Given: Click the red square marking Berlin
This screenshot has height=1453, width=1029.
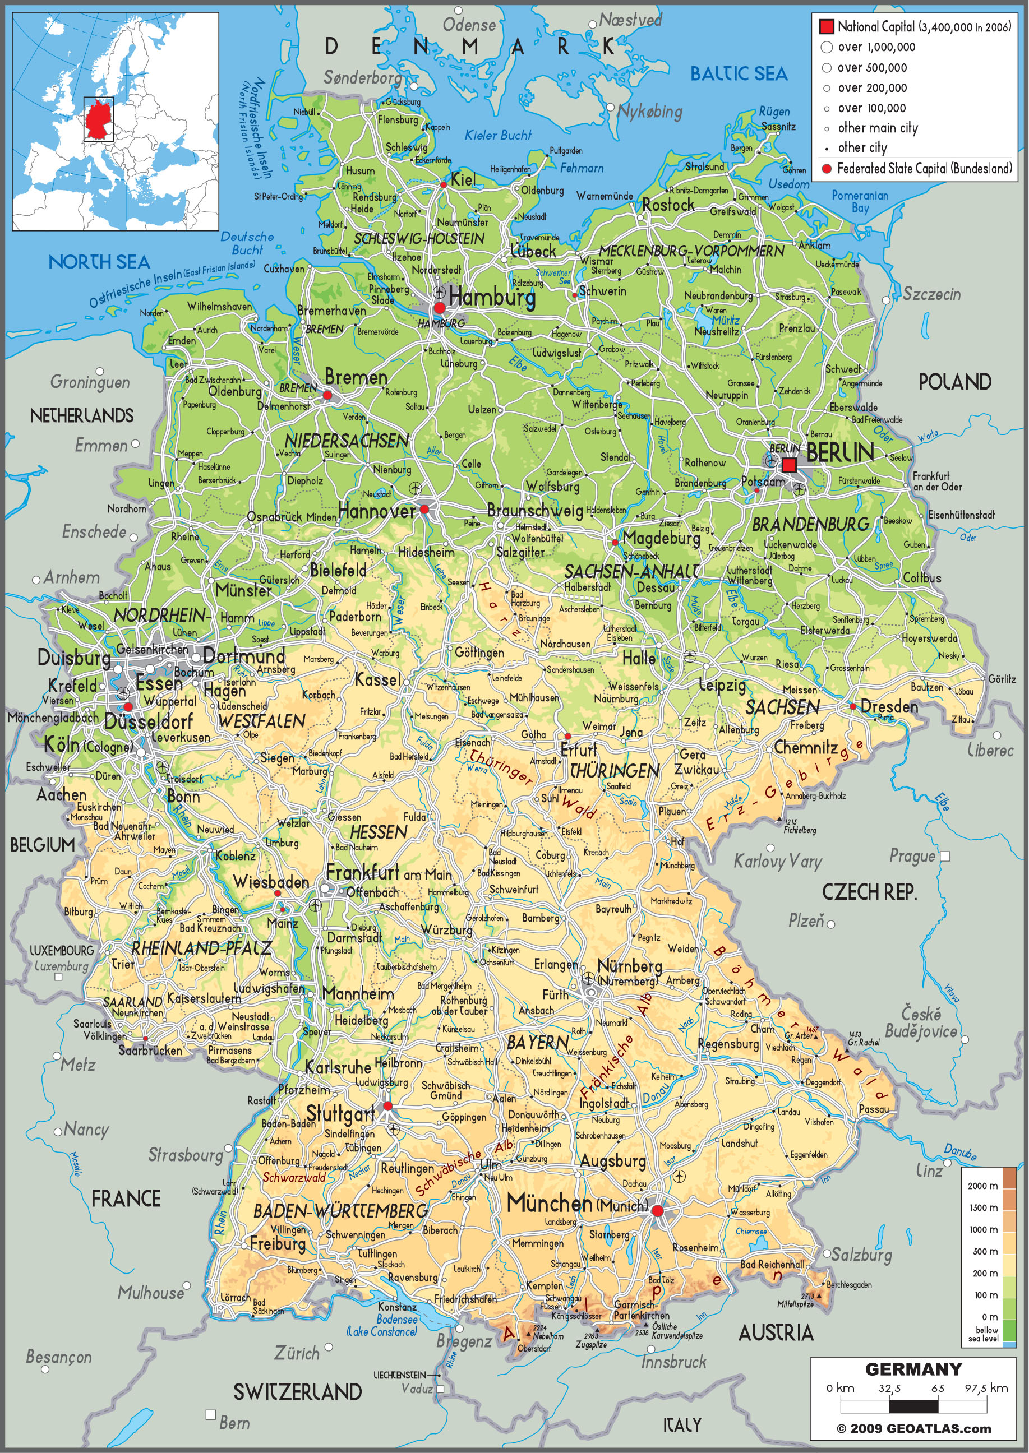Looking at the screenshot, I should [789, 465].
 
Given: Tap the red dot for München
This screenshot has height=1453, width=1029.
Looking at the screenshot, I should [658, 1210].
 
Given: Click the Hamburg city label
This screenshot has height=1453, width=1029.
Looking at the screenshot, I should [492, 297].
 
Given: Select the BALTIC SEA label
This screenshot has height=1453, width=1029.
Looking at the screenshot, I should [738, 74].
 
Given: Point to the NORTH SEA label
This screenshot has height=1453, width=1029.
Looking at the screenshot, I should [99, 262].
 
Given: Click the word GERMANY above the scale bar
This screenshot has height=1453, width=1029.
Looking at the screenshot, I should [913, 1369].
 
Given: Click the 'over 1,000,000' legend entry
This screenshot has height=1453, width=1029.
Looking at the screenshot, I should [876, 47].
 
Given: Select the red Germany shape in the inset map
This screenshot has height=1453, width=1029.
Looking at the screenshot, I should [98, 119].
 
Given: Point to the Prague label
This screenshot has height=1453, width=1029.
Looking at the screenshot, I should [912, 856].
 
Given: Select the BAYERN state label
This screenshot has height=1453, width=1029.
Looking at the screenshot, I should [537, 1042].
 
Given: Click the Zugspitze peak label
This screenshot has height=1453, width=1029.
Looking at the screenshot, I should [590, 1345].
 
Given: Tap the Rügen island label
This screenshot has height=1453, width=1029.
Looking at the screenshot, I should [774, 112].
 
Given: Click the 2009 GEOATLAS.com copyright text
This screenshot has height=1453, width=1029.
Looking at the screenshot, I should [913, 1428].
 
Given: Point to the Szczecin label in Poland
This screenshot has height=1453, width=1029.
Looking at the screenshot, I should [931, 294].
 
